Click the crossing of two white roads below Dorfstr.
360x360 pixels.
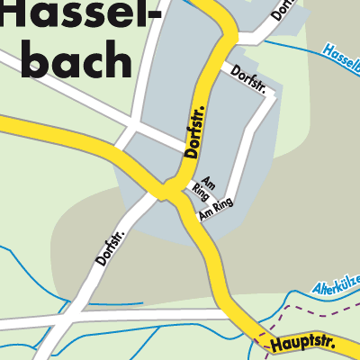point(130,122)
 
